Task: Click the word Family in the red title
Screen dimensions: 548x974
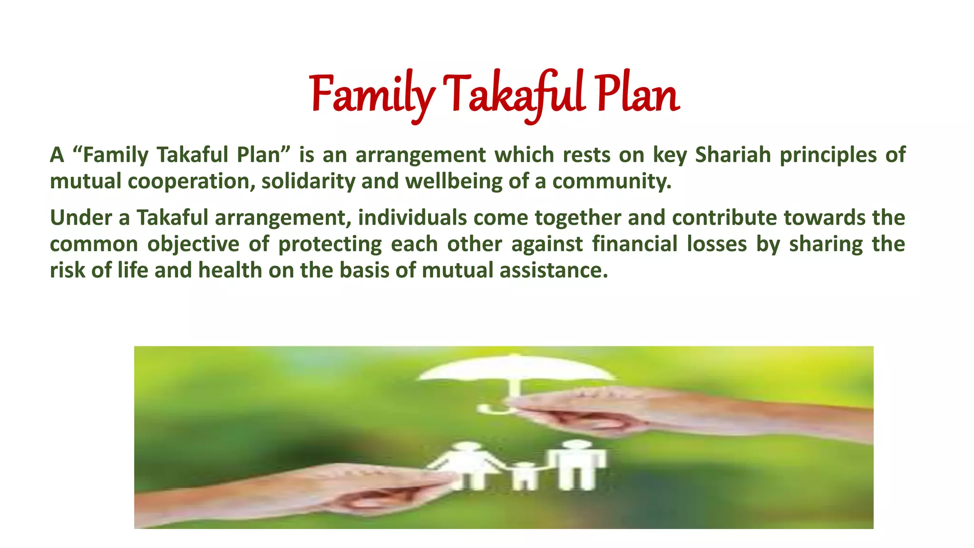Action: coord(371,95)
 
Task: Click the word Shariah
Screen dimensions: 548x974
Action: coord(732,155)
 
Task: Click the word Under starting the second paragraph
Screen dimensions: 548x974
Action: coord(81,217)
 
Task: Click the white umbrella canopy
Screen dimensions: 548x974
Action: coord(516,369)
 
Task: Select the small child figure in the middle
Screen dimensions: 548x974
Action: coord(525,475)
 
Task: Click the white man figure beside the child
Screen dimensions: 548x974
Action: coord(577,464)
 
